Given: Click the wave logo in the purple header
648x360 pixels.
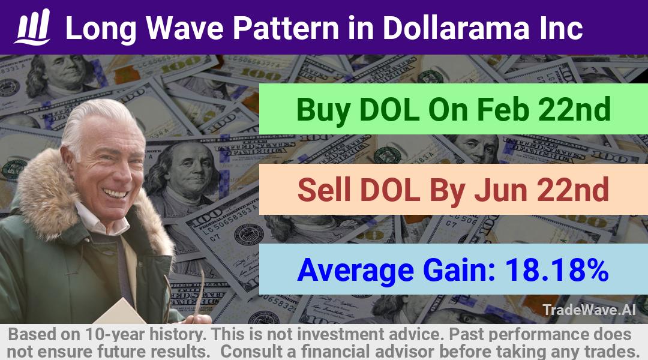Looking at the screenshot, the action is [32, 27].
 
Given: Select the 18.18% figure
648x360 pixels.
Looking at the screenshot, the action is [557, 270].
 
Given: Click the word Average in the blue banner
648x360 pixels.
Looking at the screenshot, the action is [355, 271].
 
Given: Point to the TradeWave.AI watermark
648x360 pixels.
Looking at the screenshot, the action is [589, 310].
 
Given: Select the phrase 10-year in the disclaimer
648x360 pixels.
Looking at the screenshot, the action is [116, 334].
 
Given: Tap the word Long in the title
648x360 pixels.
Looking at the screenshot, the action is [101, 29].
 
